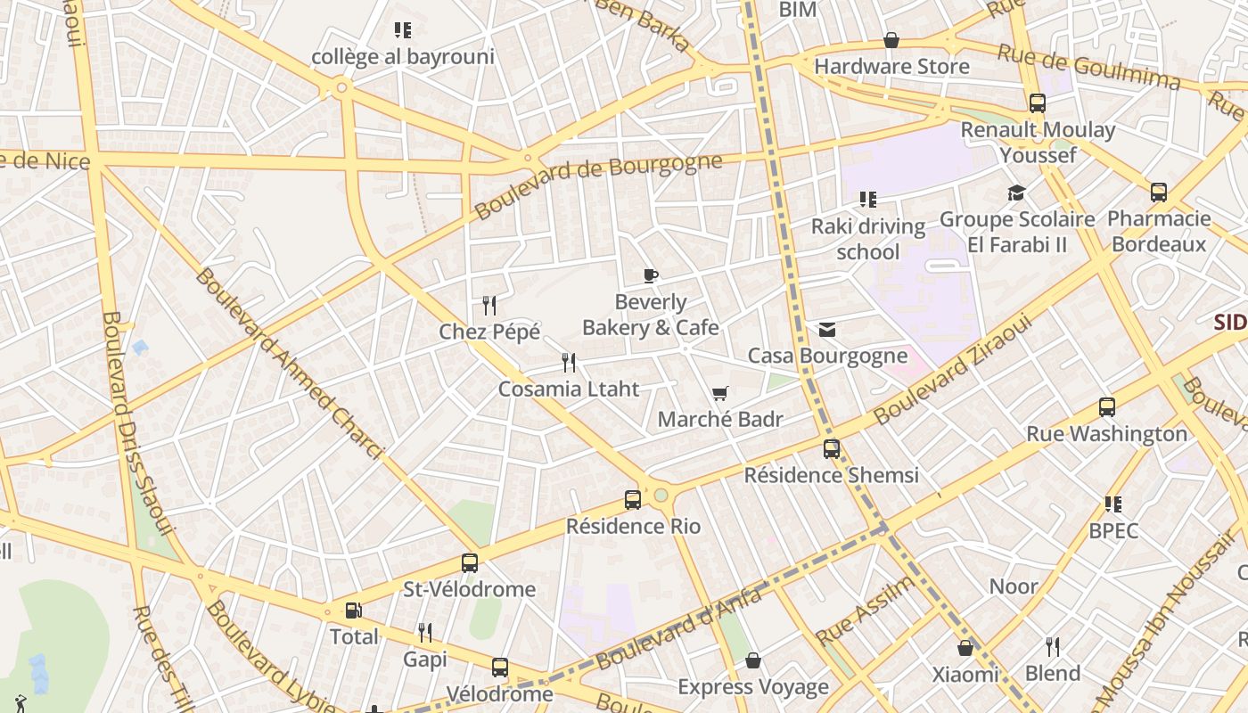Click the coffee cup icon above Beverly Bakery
651,275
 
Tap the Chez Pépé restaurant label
489,332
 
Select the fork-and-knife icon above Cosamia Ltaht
569,362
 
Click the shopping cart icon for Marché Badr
720,393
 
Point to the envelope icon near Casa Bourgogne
827,330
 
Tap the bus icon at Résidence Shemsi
832,449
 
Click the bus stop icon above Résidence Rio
633,500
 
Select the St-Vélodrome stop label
470,589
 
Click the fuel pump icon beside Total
354,611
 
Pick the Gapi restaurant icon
425,633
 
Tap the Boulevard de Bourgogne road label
598,186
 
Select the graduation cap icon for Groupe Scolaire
1016,193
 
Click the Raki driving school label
867,239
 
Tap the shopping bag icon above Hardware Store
891,40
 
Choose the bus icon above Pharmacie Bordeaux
1159,192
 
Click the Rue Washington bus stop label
1106,434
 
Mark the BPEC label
1113,530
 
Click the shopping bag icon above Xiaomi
965,648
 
